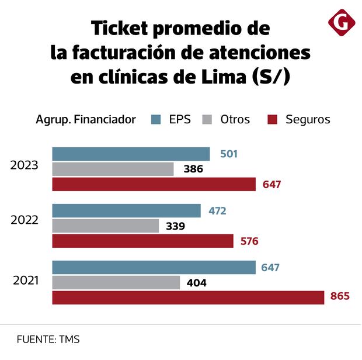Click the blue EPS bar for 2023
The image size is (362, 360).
coord(131,154)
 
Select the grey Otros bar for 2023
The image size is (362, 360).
coord(113,169)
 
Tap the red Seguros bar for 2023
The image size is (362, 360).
coord(154,185)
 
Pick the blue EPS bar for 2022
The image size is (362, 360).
coord(126,211)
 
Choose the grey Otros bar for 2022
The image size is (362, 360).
coord(105,226)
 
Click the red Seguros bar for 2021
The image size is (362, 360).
coord(188,297)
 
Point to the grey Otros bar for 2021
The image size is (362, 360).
coord(116,283)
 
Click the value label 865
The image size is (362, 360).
coord(339,297)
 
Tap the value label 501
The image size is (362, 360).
coord(229,154)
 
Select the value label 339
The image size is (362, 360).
coord(175,226)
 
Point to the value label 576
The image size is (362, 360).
coord(249,241)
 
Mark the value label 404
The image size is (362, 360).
coord(196,283)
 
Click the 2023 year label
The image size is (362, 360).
coord(25,165)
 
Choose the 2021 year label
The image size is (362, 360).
coord(26,281)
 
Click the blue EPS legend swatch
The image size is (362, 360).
coord(156,120)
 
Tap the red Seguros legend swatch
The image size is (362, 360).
coord(271,120)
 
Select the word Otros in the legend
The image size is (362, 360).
coord(235,120)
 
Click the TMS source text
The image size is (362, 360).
coord(69,340)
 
